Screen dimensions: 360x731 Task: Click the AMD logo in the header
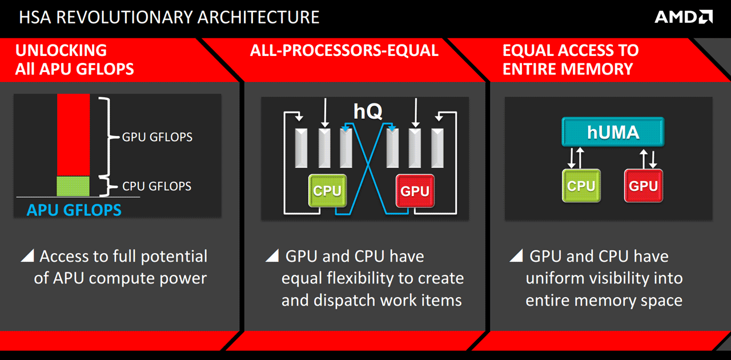click(683, 17)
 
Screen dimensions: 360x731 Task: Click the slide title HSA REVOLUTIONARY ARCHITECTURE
click(169, 17)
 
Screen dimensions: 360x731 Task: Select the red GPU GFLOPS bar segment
click(73, 135)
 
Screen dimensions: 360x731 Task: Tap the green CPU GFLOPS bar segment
click(73, 186)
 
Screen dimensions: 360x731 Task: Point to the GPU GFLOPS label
click(157, 137)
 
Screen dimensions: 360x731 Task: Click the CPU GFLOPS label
click(157, 186)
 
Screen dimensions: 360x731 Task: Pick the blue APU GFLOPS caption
click(74, 210)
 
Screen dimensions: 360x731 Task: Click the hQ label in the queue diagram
click(367, 111)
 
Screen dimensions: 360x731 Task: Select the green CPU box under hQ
click(327, 191)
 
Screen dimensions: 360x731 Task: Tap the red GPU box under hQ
click(415, 191)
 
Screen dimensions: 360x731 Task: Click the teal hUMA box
click(613, 133)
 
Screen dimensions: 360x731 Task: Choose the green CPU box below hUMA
click(581, 186)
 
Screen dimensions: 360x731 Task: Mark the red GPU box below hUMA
click(643, 186)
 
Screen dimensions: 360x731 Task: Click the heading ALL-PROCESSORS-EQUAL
click(344, 50)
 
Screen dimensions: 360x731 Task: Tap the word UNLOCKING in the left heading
click(61, 50)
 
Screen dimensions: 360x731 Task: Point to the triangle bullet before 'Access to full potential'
click(27, 256)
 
